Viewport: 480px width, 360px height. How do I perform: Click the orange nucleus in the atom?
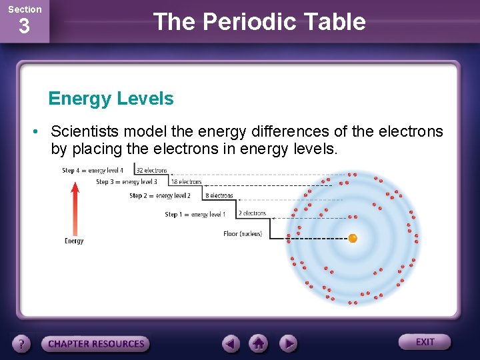[x=353, y=238]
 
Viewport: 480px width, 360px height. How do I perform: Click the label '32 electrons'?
[x=151, y=171]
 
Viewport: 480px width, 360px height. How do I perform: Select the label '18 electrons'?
[x=186, y=181]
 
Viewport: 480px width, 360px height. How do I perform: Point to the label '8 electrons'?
[x=219, y=196]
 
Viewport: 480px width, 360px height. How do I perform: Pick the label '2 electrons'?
[x=252, y=214]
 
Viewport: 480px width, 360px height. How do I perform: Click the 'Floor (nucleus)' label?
[x=242, y=234]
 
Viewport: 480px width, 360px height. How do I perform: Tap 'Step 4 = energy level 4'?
[x=93, y=171]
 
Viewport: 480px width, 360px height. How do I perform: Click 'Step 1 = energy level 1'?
[x=195, y=215]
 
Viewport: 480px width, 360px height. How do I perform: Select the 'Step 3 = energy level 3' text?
[x=126, y=182]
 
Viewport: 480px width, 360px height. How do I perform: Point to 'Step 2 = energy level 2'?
[x=160, y=196]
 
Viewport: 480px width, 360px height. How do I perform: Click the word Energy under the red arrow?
[x=74, y=241]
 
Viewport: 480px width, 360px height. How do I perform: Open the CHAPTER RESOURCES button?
[x=96, y=344]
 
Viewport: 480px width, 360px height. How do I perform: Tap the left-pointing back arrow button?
[x=231, y=344]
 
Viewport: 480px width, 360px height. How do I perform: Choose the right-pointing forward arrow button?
[x=288, y=344]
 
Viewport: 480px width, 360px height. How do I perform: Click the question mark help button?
[x=22, y=344]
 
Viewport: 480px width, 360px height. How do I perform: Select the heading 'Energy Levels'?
[x=111, y=99]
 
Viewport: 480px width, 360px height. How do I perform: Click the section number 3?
[x=24, y=27]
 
